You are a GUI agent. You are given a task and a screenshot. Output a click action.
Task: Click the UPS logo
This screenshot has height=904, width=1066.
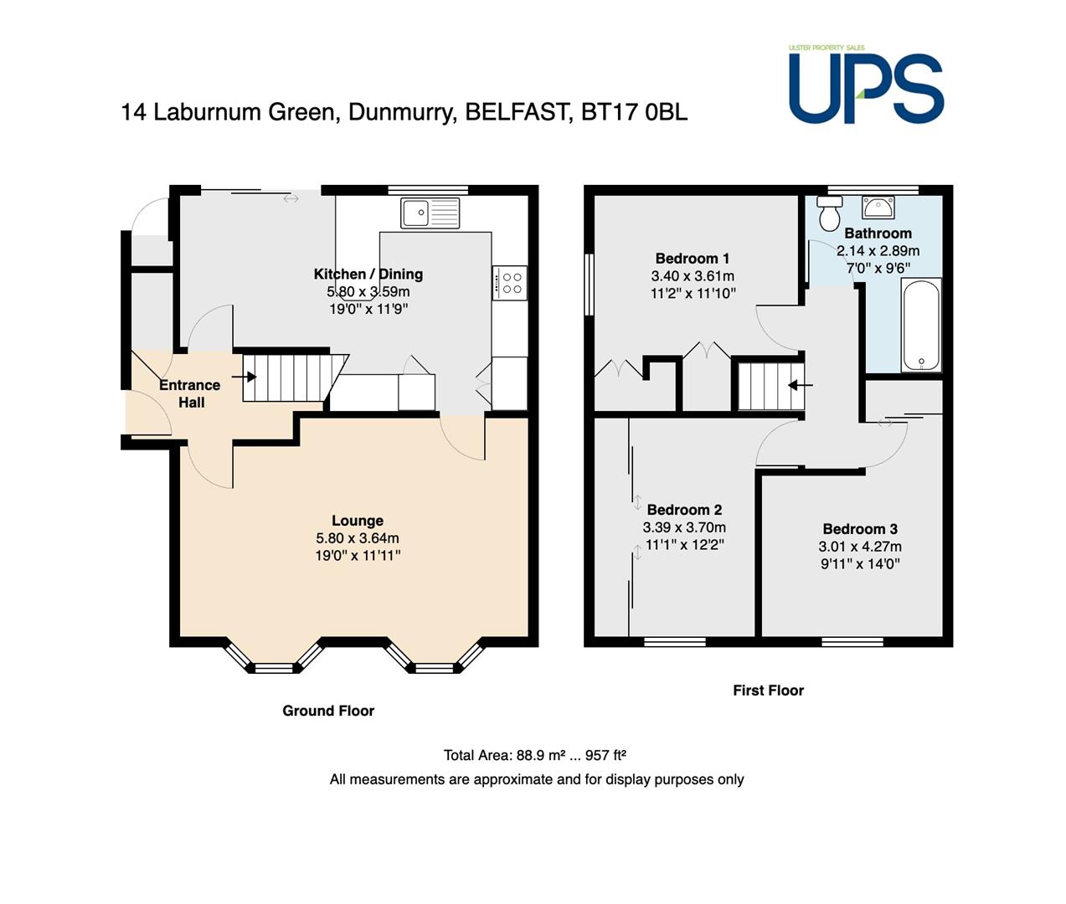pyautogui.click(x=866, y=85)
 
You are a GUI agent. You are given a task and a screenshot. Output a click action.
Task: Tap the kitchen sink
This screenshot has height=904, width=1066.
pyautogui.click(x=430, y=213)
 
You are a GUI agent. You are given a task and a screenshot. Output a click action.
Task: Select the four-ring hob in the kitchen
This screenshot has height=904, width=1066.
pyautogui.click(x=509, y=282)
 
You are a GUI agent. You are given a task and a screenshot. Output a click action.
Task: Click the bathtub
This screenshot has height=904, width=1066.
pyautogui.click(x=921, y=324)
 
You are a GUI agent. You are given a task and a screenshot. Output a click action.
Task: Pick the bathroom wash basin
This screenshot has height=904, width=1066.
pyautogui.click(x=878, y=207)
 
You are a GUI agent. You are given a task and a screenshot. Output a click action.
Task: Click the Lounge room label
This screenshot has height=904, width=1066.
pyautogui.click(x=358, y=521)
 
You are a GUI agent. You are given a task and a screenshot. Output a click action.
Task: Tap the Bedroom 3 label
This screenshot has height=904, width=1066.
pyautogui.click(x=860, y=529)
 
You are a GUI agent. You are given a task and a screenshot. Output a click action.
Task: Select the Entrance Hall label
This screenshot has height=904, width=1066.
pyautogui.click(x=190, y=393)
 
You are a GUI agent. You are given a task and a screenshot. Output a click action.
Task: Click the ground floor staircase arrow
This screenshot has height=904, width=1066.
pyautogui.click(x=244, y=377)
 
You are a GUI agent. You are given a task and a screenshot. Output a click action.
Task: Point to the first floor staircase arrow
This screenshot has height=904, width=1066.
pyautogui.click(x=801, y=385)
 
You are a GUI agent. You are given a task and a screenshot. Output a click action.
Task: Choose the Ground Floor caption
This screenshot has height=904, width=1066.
pyautogui.click(x=328, y=711)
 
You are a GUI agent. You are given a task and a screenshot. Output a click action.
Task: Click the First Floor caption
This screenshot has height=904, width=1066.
pyautogui.click(x=769, y=690)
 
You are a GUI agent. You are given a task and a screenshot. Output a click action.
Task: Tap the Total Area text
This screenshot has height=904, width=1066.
pyautogui.click(x=535, y=755)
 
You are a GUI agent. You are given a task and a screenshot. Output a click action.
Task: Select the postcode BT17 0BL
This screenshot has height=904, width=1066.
pyautogui.click(x=635, y=112)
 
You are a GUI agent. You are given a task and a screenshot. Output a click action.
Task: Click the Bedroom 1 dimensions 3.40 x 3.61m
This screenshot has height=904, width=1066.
pyautogui.click(x=693, y=275)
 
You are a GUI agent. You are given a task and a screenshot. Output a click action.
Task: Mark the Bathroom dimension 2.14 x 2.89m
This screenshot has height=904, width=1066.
pyautogui.click(x=878, y=251)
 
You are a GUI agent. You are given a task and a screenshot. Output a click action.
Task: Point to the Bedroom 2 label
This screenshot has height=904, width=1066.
pyautogui.click(x=684, y=510)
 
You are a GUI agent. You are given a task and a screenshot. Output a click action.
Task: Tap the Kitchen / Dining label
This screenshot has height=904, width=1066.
pyautogui.click(x=368, y=274)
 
